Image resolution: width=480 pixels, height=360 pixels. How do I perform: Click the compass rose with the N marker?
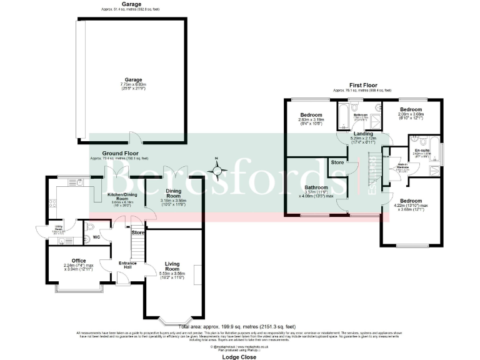pyautogui.click(x=217, y=170)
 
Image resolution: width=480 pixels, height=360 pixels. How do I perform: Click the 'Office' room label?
pyautogui.click(x=79, y=261)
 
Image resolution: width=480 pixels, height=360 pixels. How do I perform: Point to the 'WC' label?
pyautogui.click(x=96, y=237)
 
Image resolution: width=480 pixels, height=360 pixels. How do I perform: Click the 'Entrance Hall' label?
pyautogui.click(x=127, y=264)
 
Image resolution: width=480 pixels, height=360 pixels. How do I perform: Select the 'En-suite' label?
pyautogui.click(x=422, y=150)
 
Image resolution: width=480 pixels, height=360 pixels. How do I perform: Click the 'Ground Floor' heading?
pyautogui.click(x=122, y=152)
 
